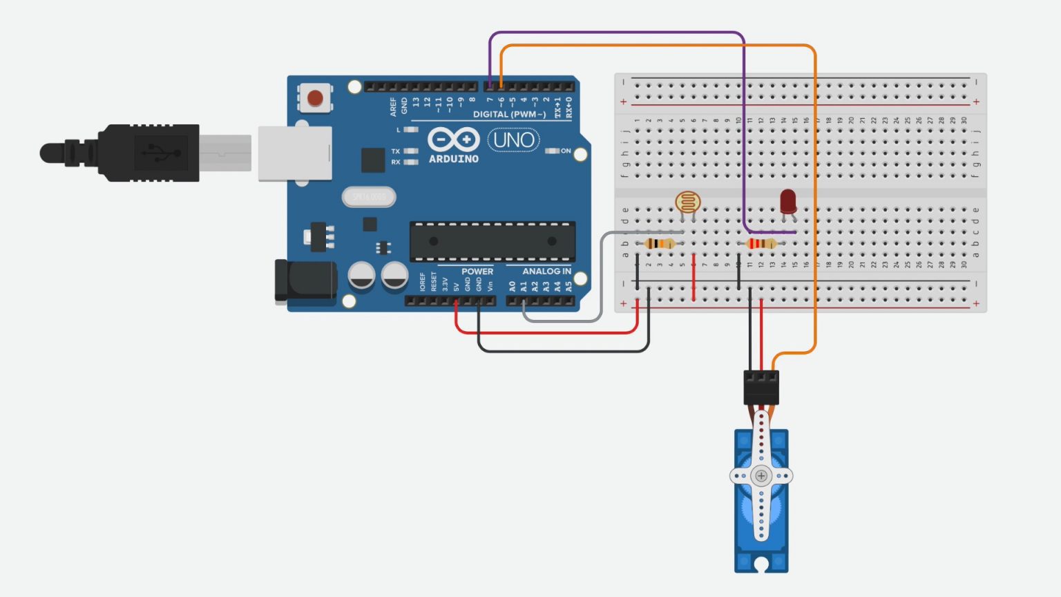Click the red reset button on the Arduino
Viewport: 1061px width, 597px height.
(315, 97)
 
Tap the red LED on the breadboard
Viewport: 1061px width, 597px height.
(788, 202)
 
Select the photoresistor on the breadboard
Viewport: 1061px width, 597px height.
(687, 203)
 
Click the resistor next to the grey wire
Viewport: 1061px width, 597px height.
(660, 243)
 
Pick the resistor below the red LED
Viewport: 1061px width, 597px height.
(761, 243)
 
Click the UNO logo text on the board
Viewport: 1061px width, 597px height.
(514, 140)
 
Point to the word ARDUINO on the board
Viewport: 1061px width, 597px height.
(453, 159)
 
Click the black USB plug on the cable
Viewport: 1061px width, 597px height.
(149, 153)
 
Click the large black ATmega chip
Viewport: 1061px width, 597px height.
(493, 242)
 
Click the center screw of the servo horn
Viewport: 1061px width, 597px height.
(761, 475)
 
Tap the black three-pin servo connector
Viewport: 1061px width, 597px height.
(761, 386)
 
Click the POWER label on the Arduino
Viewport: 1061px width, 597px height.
(477, 272)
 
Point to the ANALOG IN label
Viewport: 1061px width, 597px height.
(546, 272)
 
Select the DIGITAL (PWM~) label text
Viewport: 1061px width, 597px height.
(509, 114)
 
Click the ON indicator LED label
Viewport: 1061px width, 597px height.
(566, 151)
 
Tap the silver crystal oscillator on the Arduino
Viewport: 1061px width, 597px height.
(369, 198)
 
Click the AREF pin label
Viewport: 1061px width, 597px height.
(394, 106)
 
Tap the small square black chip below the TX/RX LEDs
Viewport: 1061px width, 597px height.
(372, 160)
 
